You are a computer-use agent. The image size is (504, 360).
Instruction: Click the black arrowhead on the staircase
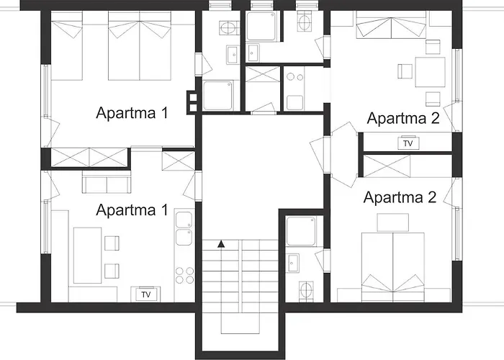[221, 244]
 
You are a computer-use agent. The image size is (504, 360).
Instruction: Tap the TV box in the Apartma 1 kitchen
[146, 294]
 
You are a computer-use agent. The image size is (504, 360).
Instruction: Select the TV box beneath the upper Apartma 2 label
[408, 143]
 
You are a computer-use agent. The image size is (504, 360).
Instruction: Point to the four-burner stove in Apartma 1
[185, 275]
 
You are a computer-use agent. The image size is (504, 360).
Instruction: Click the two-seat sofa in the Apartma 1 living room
[107, 182]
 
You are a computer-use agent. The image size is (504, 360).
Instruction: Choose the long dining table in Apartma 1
[87, 256]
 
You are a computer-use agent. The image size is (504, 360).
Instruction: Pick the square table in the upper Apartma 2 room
[430, 72]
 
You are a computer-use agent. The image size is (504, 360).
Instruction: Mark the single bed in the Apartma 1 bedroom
[67, 45]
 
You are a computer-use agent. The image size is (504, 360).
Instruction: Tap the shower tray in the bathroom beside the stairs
[301, 231]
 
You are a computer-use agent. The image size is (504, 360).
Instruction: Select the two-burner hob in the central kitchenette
[295, 77]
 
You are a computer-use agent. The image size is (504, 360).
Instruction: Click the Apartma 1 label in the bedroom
[132, 113]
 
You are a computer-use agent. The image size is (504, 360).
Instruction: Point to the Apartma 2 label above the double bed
[400, 197]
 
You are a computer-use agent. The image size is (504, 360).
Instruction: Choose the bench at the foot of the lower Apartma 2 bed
[393, 222]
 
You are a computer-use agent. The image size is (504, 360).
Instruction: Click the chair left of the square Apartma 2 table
[405, 71]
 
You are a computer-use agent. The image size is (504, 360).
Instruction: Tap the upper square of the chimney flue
[193, 97]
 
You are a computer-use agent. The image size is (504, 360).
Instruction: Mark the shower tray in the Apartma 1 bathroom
[218, 96]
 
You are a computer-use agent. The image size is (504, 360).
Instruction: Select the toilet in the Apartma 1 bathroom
[229, 27]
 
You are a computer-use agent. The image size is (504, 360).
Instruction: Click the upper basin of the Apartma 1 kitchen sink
[184, 220]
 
